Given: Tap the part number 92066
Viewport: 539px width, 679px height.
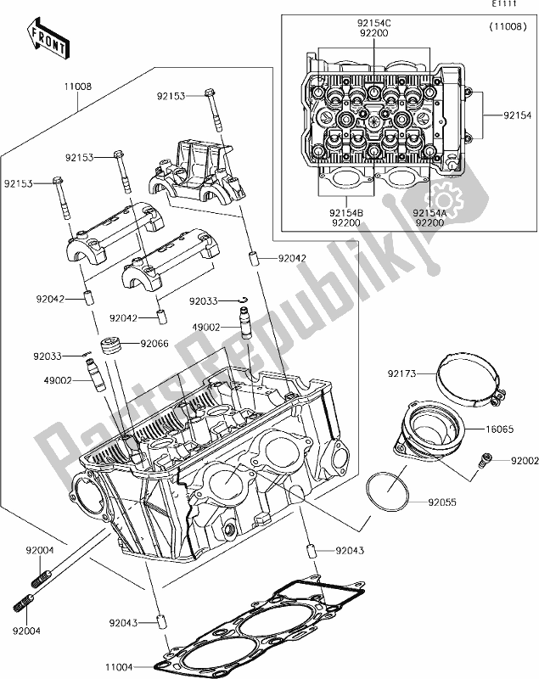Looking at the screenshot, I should pyautogui.click(x=154, y=343).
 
